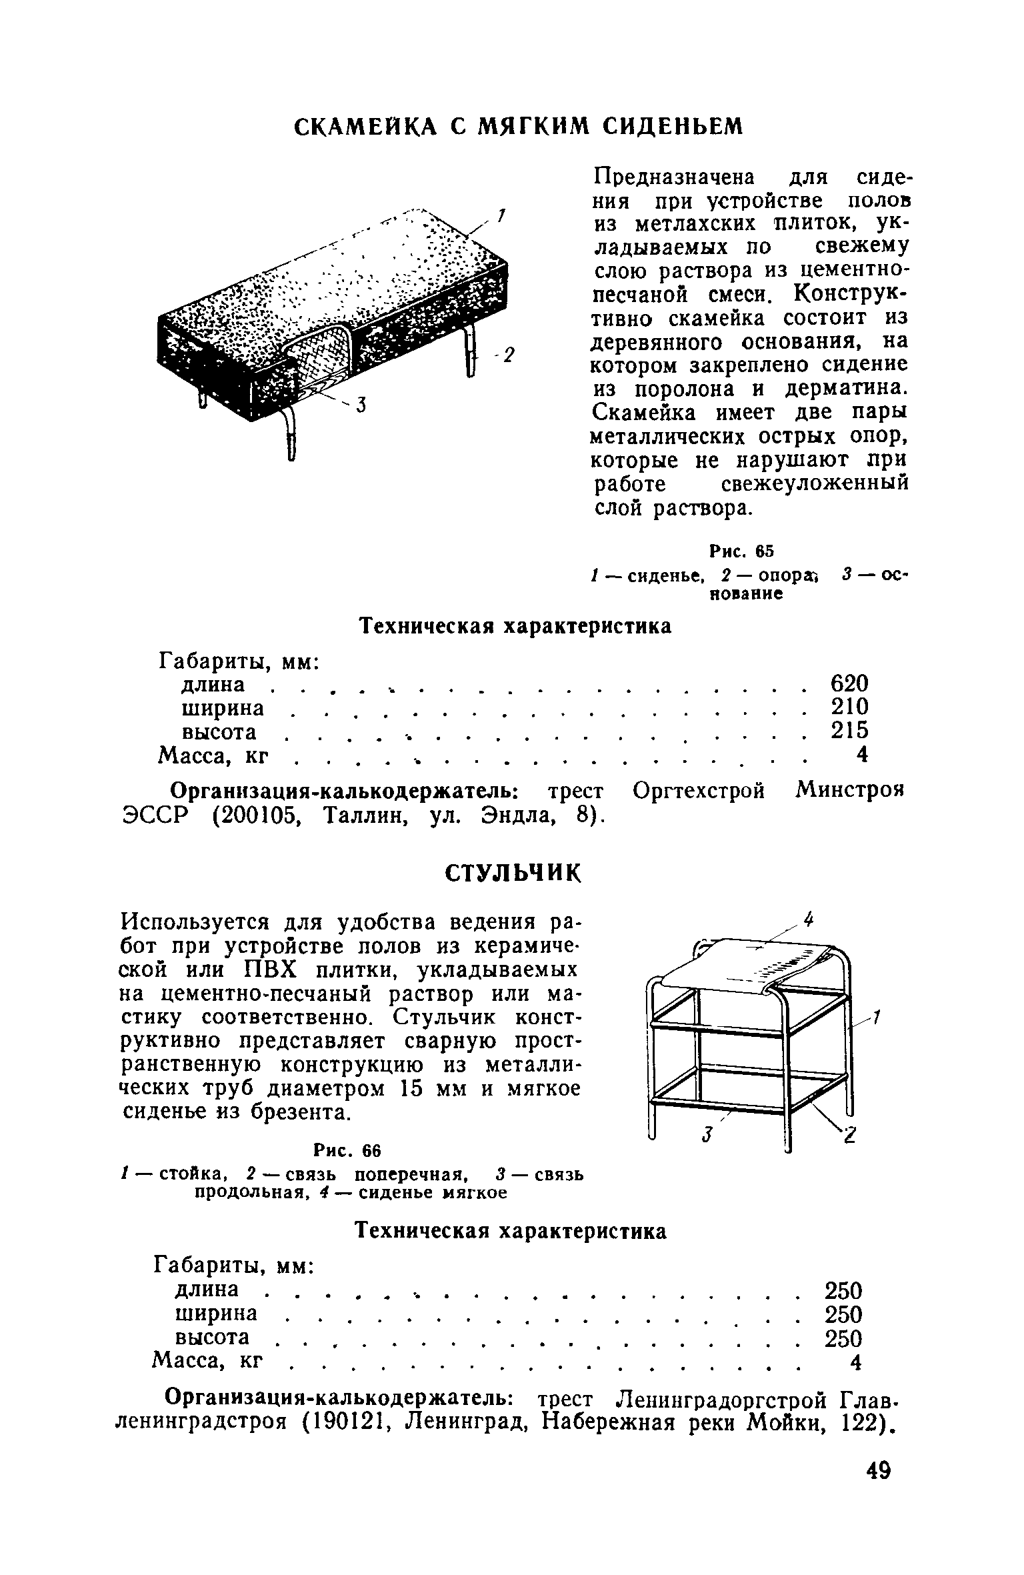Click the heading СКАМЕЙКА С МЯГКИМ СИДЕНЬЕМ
click(x=518, y=126)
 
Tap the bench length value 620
click(x=849, y=683)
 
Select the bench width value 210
click(x=849, y=707)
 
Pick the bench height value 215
click(x=849, y=731)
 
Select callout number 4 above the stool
click(x=809, y=920)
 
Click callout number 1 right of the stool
click(x=877, y=1017)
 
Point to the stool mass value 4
click(x=855, y=1362)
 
